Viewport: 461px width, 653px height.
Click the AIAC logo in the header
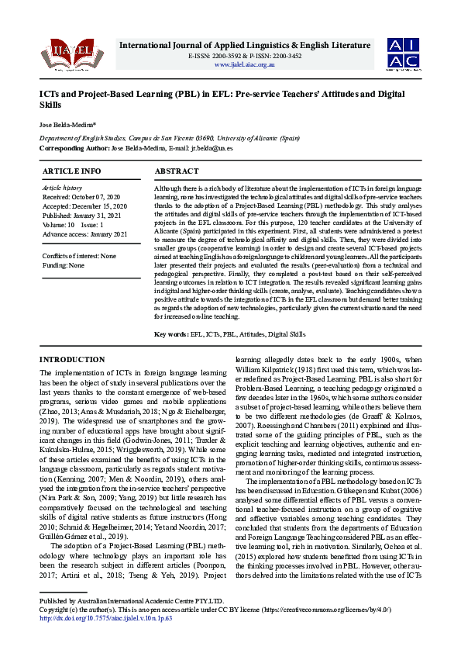point(404,54)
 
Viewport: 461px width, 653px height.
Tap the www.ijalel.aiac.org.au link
point(244,64)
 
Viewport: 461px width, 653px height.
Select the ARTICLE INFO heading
point(71,171)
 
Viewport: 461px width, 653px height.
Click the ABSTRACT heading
point(177,171)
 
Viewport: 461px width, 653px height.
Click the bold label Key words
point(171,333)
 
